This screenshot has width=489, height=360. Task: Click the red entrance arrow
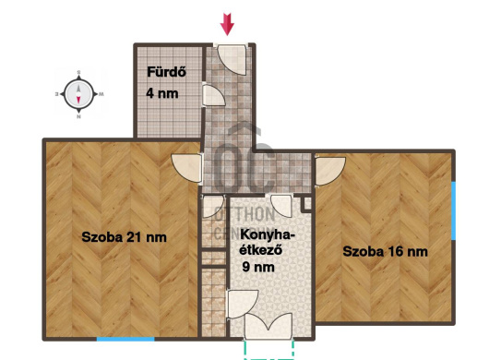tap(227, 24)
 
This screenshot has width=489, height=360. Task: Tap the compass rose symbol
tap(78, 93)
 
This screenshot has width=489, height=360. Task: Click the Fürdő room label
tap(166, 72)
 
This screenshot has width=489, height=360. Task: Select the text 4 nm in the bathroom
tap(162, 93)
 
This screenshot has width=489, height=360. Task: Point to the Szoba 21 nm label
tap(125, 237)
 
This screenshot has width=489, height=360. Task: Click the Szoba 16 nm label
tap(385, 251)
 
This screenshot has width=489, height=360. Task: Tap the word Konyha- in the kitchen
tap(268, 235)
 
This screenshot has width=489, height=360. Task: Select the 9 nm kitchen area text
tap(258, 267)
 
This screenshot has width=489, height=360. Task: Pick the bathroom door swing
tap(214, 95)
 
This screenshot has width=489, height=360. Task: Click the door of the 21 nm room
tap(187, 168)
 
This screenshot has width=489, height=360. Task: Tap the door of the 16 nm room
tap(329, 172)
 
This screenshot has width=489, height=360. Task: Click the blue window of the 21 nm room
tap(125, 339)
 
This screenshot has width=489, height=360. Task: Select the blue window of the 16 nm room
tap(453, 210)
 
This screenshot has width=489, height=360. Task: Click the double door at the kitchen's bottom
tap(268, 326)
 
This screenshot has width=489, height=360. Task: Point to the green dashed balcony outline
tap(268, 351)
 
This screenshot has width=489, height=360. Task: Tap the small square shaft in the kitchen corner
tap(306, 203)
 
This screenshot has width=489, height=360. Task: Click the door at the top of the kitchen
tap(281, 206)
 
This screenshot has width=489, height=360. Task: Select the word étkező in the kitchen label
tap(261, 250)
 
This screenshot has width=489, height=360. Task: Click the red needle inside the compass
tap(78, 100)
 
